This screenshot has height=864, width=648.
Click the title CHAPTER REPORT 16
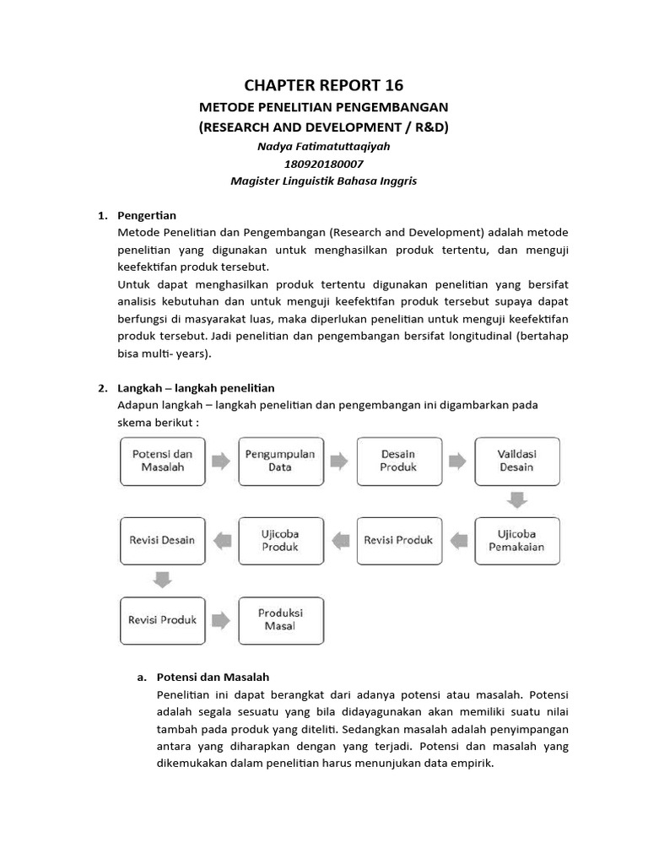(323, 84)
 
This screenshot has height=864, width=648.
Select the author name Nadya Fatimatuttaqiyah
(323, 146)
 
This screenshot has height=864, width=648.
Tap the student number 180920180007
(323, 164)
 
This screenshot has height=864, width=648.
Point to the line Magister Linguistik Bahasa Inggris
(323, 181)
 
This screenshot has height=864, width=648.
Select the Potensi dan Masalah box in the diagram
(162, 461)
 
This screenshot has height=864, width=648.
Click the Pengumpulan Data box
(280, 461)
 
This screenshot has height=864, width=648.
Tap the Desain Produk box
(398, 461)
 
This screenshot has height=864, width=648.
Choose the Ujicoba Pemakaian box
(516, 540)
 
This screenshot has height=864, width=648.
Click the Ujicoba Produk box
(280, 540)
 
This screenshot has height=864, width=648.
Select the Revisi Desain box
(162, 540)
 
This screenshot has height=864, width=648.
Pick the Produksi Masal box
(280, 619)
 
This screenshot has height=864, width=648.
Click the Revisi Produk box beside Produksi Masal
(162, 619)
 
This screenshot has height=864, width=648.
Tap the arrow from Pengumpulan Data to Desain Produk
(338, 461)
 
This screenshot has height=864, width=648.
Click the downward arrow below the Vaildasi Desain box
(516, 500)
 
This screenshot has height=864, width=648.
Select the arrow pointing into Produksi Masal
(220, 620)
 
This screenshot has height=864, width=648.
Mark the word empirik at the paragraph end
(471, 764)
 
